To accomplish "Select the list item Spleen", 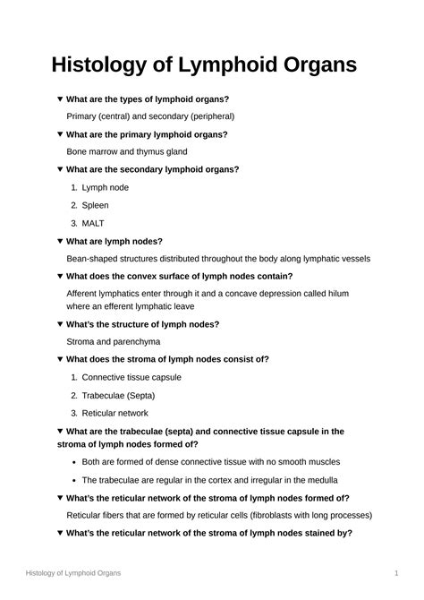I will pos(95,205).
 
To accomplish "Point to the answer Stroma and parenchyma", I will pos(114,341).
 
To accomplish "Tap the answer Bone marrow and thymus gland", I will pos(127,151).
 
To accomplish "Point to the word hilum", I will pos(336,293).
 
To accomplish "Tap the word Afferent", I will pos(87,293).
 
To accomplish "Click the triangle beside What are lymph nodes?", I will pos(60,241).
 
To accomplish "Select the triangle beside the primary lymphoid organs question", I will pos(60,134).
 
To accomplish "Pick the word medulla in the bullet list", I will pos(320,479).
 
